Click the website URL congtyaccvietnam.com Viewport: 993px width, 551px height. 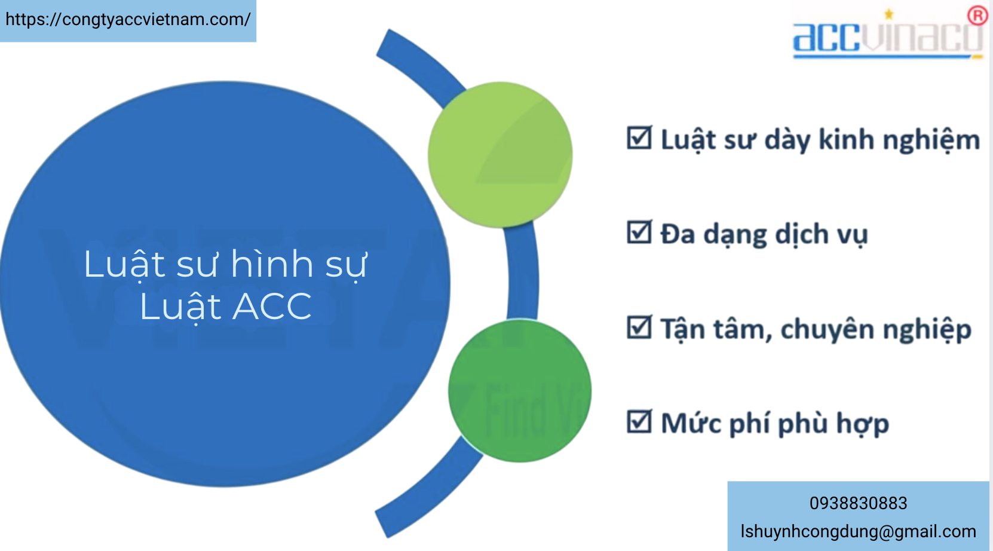point(128,20)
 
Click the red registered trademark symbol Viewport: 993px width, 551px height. point(977,16)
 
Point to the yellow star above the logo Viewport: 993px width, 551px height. point(889,14)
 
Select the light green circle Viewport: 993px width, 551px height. point(500,154)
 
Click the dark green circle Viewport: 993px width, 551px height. point(520,390)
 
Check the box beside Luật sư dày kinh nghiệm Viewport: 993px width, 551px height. point(639,138)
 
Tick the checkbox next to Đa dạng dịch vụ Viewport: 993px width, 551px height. point(639,232)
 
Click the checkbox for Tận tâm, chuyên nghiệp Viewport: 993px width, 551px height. point(639,327)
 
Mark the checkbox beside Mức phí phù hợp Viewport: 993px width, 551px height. point(639,421)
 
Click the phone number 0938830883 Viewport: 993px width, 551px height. point(858,503)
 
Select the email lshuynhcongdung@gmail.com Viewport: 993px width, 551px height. point(858,531)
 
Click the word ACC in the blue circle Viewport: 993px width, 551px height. point(272,306)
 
